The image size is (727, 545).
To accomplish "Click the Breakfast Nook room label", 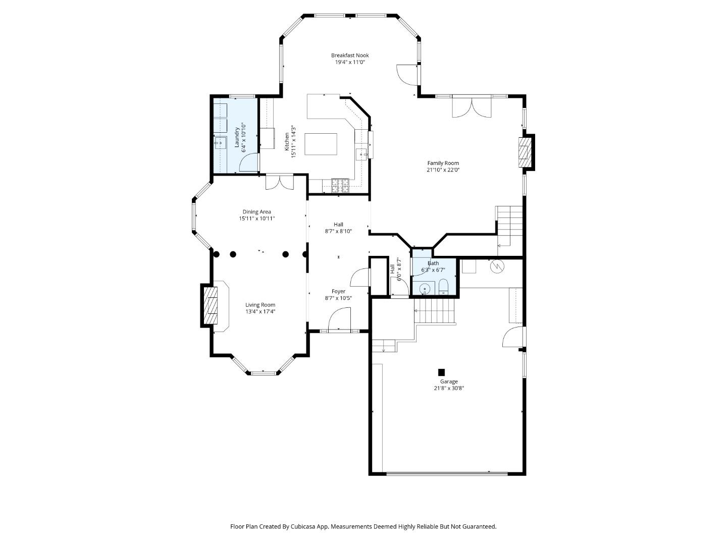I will click(x=350, y=56).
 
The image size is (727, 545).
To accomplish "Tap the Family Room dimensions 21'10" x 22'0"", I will click(x=443, y=170).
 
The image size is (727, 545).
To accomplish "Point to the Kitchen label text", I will click(x=287, y=142).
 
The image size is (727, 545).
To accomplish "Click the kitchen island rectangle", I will click(x=321, y=145).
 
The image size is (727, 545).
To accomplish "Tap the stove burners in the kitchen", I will click(x=340, y=186).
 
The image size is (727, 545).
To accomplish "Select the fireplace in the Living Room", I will click(x=211, y=305).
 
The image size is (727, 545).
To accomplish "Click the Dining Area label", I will click(x=257, y=212).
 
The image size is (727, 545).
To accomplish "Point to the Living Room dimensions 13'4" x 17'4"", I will click(x=260, y=311).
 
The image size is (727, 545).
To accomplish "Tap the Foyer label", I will click(x=338, y=291).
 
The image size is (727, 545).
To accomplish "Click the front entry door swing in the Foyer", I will click(x=339, y=320).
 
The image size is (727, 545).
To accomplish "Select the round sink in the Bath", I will click(x=425, y=289).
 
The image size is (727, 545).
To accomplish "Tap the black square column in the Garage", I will click(x=441, y=372).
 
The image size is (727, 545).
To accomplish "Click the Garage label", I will click(x=448, y=381).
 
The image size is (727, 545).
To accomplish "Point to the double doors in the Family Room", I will click(x=471, y=107).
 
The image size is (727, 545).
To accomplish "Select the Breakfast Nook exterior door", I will click(x=407, y=75).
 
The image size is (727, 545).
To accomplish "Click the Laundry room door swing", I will click(x=249, y=162).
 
